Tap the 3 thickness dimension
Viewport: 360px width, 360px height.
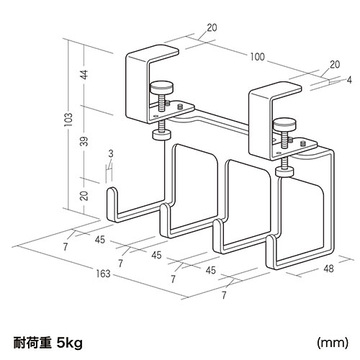click(x=111, y=153)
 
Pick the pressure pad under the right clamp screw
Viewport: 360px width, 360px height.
click(x=285, y=171)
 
